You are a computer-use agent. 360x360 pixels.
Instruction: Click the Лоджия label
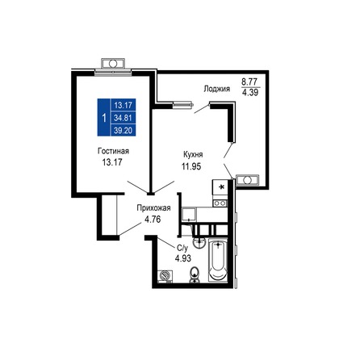(216, 90)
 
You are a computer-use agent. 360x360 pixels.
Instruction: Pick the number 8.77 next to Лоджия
(251, 82)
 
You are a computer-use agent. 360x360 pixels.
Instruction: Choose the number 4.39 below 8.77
(251, 94)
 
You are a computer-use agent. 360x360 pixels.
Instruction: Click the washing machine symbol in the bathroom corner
(165, 275)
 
